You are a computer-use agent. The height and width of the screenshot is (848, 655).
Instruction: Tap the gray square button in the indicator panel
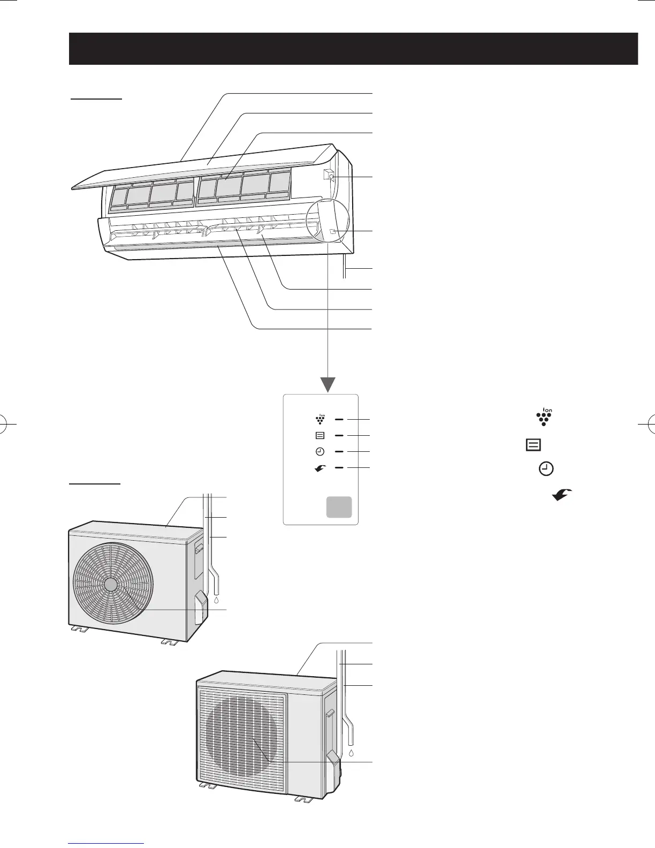click(339, 506)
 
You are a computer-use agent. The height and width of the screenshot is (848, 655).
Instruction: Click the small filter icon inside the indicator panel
click(320, 436)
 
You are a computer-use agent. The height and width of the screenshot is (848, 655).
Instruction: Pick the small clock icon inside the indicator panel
click(320, 452)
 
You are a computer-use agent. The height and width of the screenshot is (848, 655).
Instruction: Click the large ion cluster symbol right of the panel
click(544, 417)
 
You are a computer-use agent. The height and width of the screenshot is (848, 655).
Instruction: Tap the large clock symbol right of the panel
click(546, 470)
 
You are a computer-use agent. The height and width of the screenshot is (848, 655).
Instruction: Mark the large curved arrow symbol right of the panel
click(562, 495)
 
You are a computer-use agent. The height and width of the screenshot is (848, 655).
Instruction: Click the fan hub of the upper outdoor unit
click(111, 584)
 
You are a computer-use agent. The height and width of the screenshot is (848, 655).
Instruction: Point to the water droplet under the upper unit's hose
click(216, 600)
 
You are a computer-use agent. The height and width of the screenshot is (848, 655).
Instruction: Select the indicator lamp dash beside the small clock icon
click(339, 452)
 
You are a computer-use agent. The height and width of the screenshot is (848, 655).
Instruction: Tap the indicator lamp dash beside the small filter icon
click(339, 436)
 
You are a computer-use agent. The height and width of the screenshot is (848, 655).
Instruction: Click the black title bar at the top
click(353, 48)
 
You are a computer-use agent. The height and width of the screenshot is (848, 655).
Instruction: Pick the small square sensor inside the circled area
click(332, 231)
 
